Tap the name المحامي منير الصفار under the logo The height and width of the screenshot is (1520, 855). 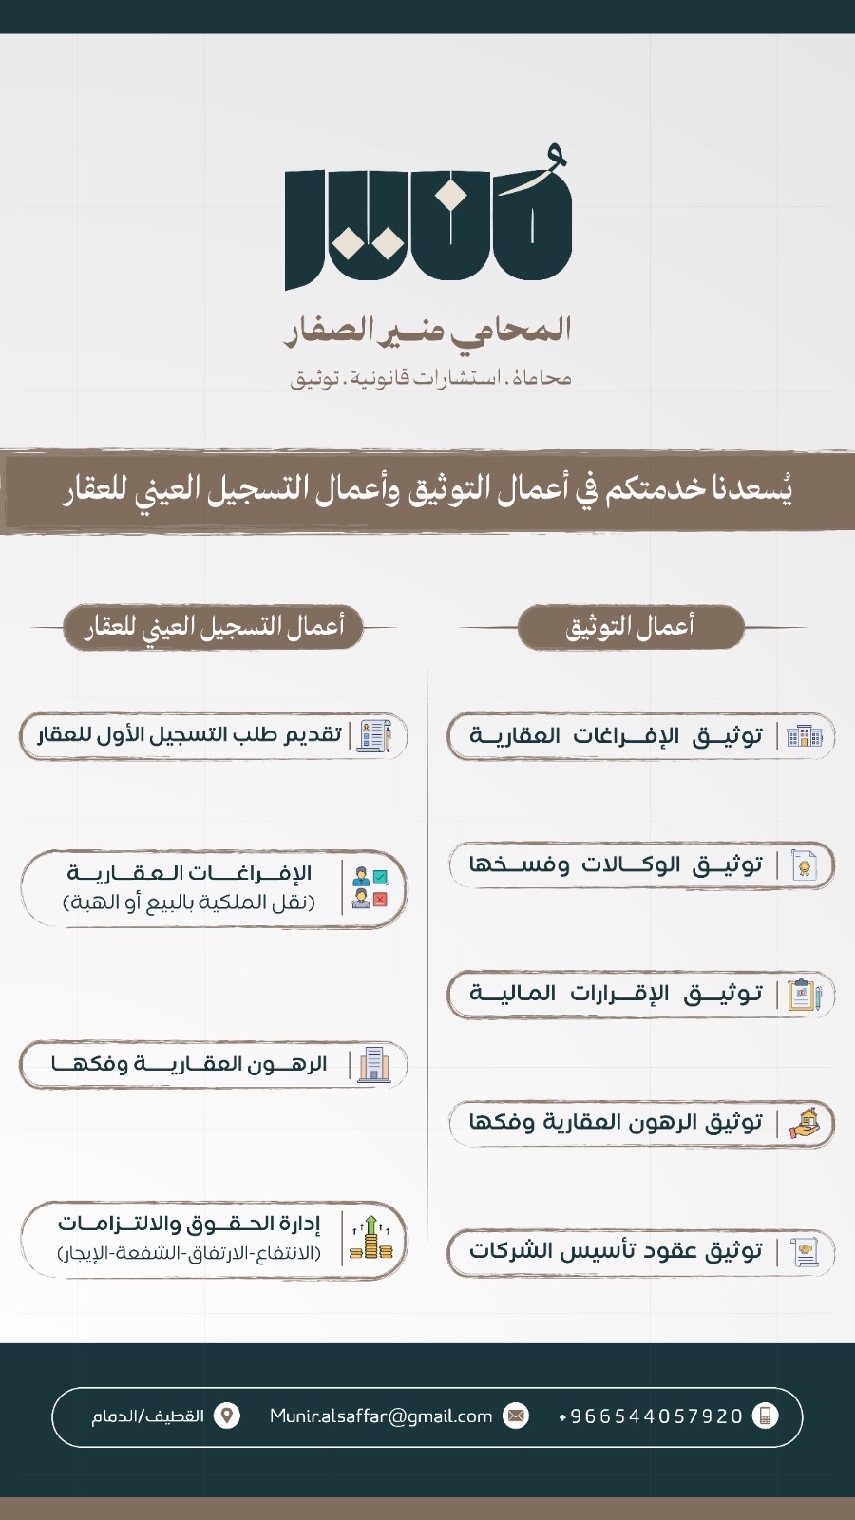click(428, 330)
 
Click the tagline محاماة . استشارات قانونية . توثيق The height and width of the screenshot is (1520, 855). click(430, 378)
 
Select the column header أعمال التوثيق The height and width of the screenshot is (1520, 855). click(630, 627)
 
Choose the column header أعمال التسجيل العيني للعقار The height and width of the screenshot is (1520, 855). click(214, 627)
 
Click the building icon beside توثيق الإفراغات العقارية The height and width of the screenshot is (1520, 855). click(804, 736)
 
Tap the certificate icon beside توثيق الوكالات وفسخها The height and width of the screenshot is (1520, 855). click(804, 865)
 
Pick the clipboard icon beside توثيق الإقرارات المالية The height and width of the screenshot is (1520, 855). click(804, 995)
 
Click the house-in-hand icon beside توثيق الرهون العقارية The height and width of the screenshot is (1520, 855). click(804, 1123)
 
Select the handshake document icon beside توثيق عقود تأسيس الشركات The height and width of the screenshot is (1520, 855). click(804, 1251)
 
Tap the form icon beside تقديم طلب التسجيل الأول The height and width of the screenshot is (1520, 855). click(373, 735)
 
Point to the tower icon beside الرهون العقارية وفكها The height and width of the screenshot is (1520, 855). click(373, 1064)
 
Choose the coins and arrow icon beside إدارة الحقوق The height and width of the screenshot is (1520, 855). click(370, 1239)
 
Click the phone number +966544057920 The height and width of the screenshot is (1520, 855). click(651, 1416)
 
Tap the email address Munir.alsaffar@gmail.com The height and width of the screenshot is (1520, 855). click(381, 1416)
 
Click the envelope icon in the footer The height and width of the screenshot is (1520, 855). click(516, 1416)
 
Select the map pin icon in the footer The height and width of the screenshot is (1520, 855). click(227, 1416)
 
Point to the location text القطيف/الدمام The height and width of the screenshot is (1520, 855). click(147, 1416)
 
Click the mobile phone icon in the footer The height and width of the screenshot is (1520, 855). click(765, 1416)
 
